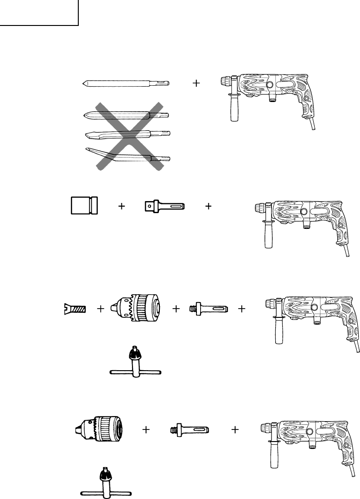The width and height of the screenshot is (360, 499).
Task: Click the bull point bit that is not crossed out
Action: (125, 83)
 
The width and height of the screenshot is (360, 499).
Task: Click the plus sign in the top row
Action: (196, 83)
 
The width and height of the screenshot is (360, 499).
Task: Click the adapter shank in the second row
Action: (164, 205)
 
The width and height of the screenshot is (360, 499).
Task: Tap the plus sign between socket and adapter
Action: (122, 207)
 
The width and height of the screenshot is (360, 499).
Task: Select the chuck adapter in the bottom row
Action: (190, 429)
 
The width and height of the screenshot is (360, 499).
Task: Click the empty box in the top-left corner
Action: (39, 13)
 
